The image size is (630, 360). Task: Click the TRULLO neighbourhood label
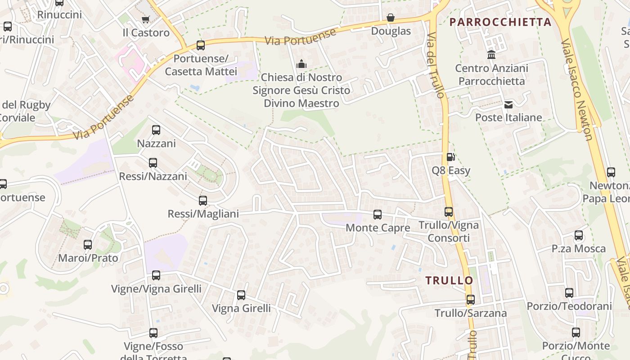click(449, 280)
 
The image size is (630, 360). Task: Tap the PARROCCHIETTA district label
click(500, 22)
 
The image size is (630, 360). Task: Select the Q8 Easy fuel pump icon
click(450, 157)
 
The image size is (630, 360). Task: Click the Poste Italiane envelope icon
click(508, 105)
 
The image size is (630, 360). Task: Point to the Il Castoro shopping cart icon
click(145, 19)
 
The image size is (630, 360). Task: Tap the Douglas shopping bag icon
click(391, 18)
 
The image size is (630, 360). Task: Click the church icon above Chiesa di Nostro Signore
click(301, 64)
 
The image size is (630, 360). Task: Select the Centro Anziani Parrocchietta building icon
click(491, 55)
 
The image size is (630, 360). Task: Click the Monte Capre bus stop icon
click(378, 215)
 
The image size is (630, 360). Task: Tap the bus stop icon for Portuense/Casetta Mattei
click(201, 45)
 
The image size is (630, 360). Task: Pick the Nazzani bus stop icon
click(156, 130)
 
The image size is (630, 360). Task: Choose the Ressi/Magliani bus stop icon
click(203, 201)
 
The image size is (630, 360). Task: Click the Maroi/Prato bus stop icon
click(88, 245)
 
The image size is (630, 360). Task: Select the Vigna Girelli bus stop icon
click(241, 295)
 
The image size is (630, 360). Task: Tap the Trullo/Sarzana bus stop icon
click(471, 300)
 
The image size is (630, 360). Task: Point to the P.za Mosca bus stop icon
click(579, 235)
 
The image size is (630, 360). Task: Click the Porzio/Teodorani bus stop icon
click(569, 293)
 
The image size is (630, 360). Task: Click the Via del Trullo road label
click(436, 65)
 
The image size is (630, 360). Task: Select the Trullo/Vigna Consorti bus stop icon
click(449, 212)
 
